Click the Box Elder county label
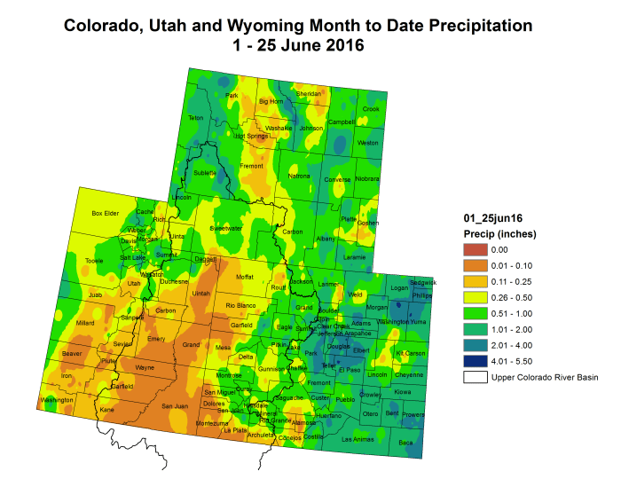106,214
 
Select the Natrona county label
299,176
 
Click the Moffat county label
244,278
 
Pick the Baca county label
405,442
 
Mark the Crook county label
371,109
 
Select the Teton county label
196,118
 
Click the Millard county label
85,323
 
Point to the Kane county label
106,410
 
